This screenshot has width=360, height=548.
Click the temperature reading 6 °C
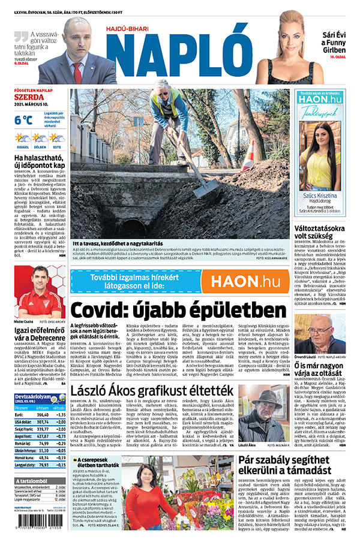tap(23, 119)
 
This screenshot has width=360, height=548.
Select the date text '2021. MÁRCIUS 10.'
tap(34, 106)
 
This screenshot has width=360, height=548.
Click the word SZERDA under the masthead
tap(29, 97)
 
